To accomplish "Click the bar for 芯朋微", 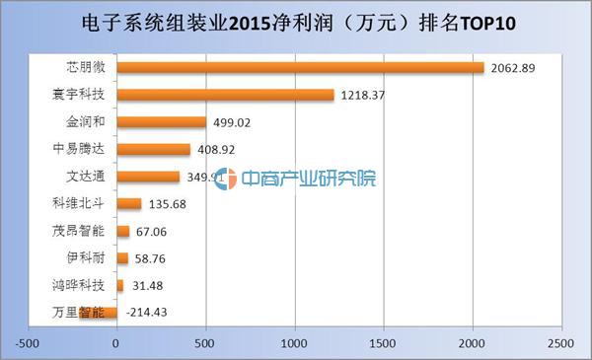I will click(300, 68).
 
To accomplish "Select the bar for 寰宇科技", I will click(225, 96).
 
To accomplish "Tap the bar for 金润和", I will click(161, 122).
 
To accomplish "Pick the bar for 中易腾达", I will click(153, 150).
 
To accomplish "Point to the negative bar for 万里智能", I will click(98, 313).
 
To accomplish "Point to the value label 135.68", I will click(171, 205).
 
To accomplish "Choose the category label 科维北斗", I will click(76, 204).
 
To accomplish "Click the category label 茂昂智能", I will click(76, 232).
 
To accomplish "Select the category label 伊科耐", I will click(83, 258).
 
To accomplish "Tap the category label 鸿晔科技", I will click(76, 286).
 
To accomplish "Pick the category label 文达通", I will click(83, 178).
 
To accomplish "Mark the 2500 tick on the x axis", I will click(559, 343).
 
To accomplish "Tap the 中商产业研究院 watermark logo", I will click(296, 180).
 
